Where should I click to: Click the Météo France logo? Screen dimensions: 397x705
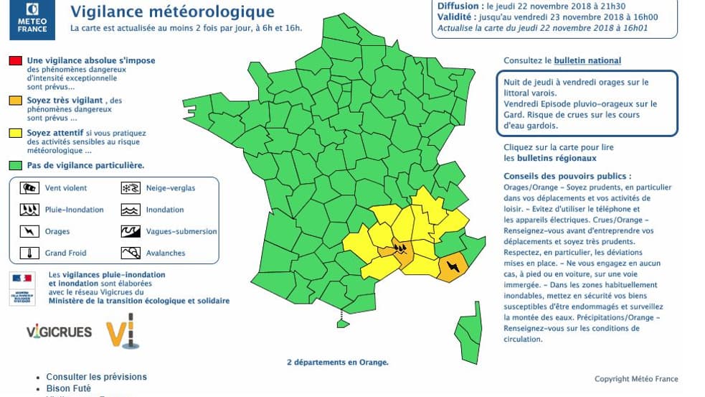[33, 19]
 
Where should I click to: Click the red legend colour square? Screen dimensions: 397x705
[15, 61]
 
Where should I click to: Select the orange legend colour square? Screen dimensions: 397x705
[15, 101]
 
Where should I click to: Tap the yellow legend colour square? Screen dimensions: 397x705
[15, 133]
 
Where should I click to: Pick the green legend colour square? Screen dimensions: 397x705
[15, 165]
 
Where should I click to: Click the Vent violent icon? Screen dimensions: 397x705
[29, 188]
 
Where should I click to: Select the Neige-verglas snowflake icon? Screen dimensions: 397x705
[130, 188]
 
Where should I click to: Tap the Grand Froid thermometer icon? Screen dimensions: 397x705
[29, 253]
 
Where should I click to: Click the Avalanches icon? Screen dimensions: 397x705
[130, 253]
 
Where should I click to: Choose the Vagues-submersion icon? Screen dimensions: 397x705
[130, 231]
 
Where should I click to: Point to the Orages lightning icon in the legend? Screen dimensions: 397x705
[29, 231]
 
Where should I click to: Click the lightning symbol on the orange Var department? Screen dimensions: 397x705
[453, 267]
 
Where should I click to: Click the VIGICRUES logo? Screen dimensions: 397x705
[59, 332]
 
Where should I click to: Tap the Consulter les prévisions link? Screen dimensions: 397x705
[96, 377]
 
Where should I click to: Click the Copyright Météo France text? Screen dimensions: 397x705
[635, 379]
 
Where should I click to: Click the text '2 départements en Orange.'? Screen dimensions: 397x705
[337, 363]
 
